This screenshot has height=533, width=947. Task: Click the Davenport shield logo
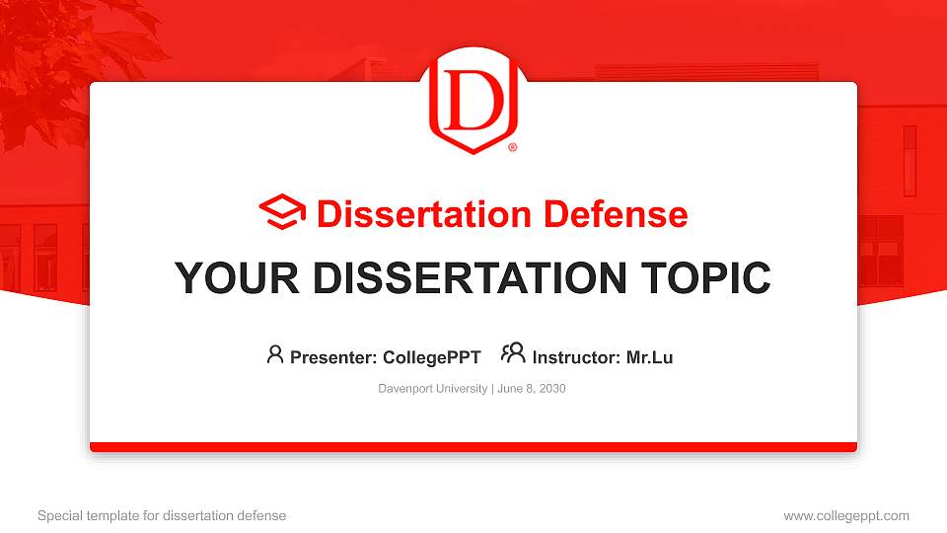coord(473,102)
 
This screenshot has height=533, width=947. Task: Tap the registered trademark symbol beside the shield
coord(512,148)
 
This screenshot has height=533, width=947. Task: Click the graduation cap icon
coord(282,213)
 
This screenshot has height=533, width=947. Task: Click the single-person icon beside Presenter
coord(275,354)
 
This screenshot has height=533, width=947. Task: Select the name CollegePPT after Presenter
coord(432,357)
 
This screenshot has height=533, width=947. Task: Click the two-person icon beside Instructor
coord(513,354)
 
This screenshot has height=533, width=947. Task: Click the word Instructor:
coord(576,357)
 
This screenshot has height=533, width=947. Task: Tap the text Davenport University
coord(432,389)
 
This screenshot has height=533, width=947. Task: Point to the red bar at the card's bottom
coord(473,447)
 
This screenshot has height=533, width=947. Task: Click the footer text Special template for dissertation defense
coord(162,515)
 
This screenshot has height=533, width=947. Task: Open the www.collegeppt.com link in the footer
coord(846,515)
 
